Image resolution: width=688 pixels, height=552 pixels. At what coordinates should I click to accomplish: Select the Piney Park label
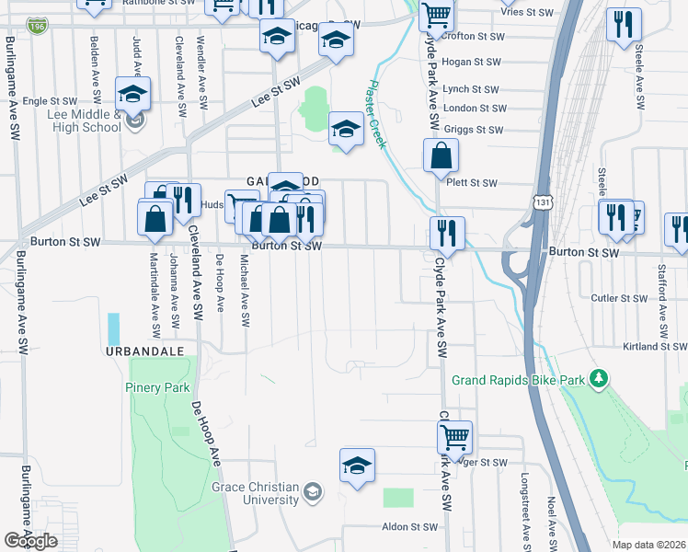click(x=157, y=387)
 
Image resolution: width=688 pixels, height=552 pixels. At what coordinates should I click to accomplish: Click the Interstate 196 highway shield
click(x=38, y=26)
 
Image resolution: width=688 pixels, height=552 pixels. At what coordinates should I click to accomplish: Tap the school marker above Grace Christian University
click(x=357, y=466)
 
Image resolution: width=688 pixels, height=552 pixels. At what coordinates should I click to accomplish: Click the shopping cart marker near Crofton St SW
click(x=436, y=16)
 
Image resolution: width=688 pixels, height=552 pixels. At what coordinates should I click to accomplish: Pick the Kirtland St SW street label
click(x=652, y=346)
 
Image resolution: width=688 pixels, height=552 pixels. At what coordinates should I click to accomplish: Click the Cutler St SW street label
click(x=619, y=298)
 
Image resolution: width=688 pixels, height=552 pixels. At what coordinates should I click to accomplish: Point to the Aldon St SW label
click(x=410, y=527)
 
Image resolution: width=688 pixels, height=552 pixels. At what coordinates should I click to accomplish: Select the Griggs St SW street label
click(x=473, y=131)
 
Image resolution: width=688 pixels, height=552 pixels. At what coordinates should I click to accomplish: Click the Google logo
click(x=31, y=540)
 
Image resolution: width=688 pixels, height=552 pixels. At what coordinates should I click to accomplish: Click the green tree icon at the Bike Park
click(x=599, y=378)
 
